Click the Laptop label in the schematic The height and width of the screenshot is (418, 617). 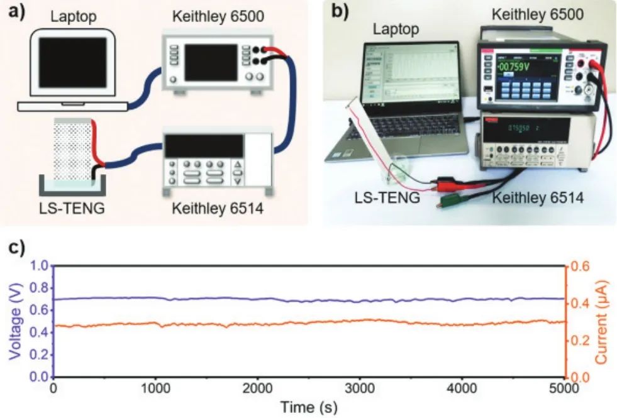click(74, 17)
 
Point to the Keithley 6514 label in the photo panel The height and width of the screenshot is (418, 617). click(538, 198)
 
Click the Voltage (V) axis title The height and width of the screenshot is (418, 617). click(16, 321)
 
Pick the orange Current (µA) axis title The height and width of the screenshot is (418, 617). click(603, 322)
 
